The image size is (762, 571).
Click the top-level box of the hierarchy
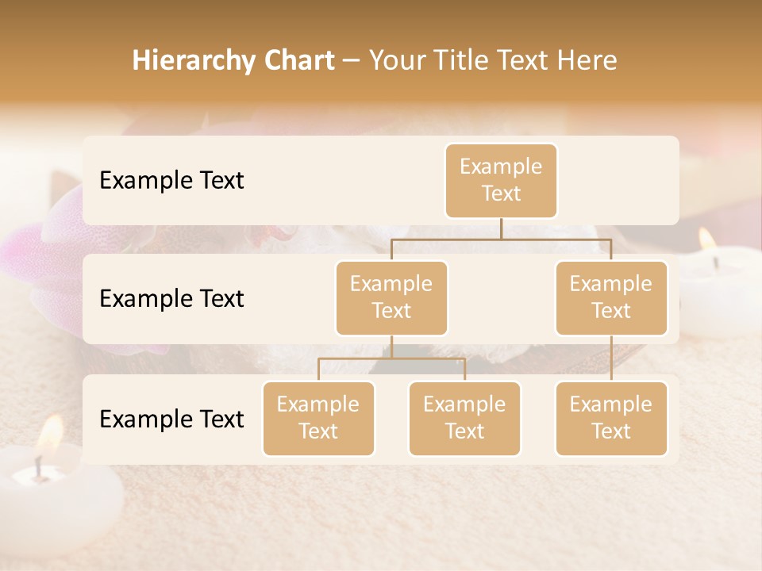coord(501,180)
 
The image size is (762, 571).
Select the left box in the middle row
coord(391,297)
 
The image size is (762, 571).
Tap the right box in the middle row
coord(611,297)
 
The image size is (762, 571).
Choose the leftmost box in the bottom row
coord(318,418)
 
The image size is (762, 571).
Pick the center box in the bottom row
coord(464,418)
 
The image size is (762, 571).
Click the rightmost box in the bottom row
coord(611,418)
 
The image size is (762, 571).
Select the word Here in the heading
coord(587,60)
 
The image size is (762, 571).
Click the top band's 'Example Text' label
coord(171,180)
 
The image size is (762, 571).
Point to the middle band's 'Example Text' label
coord(171,298)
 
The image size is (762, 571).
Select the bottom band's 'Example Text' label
coord(171,419)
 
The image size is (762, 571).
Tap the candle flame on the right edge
coord(706,240)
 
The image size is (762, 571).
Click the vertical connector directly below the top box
coord(501,228)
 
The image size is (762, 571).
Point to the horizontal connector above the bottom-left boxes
coord(391,358)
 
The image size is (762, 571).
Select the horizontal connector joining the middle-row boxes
coord(501,239)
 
